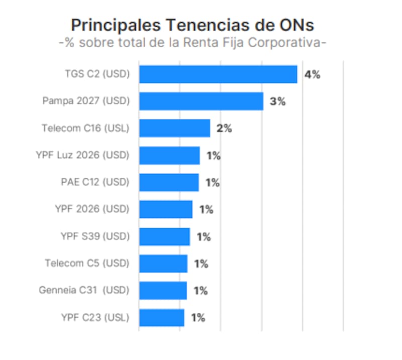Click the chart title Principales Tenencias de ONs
[x=193, y=25]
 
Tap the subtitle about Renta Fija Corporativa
[x=193, y=43]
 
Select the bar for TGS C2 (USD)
[x=218, y=74]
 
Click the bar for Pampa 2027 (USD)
[x=201, y=101]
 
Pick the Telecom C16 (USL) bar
[x=174, y=128]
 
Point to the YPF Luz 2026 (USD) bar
[x=169, y=155]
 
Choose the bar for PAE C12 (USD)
[x=169, y=182]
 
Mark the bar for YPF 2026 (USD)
[x=166, y=209]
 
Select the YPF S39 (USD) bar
[x=164, y=236]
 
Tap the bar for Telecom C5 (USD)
[x=163, y=263]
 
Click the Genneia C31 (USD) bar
[x=163, y=291]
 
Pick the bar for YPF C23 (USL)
[x=162, y=318]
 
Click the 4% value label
[x=312, y=75]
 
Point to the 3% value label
[x=277, y=102]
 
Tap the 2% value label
[x=224, y=129]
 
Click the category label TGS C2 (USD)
[x=97, y=74]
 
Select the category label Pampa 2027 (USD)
[x=86, y=101]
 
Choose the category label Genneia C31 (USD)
[x=84, y=291]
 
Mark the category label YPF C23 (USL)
[x=95, y=318]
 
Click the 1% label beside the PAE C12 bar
[x=213, y=183]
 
